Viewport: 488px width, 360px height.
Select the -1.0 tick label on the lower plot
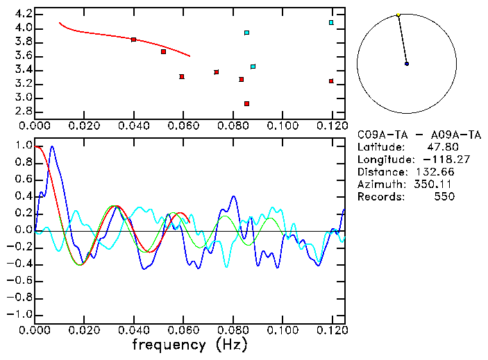[x=21, y=314]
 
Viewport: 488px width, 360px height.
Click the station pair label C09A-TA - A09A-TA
[x=419, y=135]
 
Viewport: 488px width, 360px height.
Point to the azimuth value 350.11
[x=436, y=185]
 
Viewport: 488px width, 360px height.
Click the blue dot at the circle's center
[x=407, y=64]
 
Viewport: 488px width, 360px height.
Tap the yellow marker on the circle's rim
[x=398, y=15]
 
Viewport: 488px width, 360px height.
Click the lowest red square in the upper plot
[x=246, y=103]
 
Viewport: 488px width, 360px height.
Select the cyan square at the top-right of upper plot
[x=331, y=22]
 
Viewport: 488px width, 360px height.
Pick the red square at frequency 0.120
[x=331, y=81]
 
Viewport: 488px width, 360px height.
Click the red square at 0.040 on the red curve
[x=133, y=40]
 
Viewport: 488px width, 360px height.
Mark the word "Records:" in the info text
[x=380, y=197]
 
